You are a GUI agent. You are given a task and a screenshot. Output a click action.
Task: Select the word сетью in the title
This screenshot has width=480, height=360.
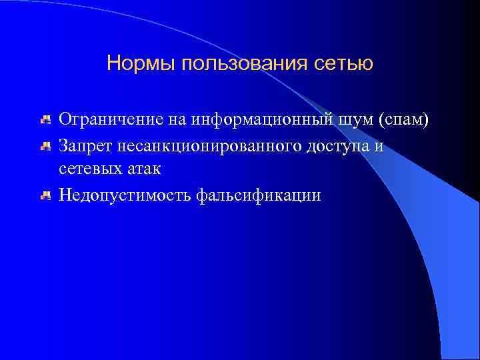[x=345, y=64]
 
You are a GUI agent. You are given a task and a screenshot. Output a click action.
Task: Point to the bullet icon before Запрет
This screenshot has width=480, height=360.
[x=45, y=145]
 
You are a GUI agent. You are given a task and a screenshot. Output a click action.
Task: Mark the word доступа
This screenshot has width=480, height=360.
[x=340, y=145]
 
